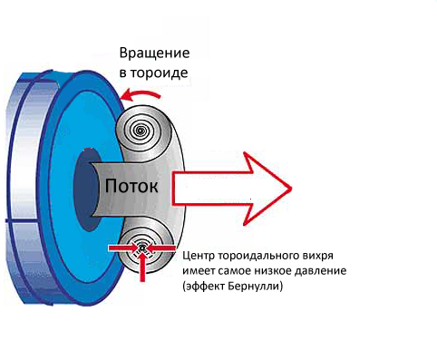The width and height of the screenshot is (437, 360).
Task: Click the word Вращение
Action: [x=154, y=54]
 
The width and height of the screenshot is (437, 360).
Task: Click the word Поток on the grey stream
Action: [x=131, y=186]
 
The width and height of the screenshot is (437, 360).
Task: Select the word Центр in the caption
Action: [x=199, y=256]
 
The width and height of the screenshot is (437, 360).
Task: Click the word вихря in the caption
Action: [x=318, y=257]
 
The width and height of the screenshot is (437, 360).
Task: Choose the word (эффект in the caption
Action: [x=204, y=286]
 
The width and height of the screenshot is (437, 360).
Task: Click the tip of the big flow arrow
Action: [x=291, y=189]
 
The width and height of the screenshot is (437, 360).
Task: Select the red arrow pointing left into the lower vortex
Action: [x=161, y=248]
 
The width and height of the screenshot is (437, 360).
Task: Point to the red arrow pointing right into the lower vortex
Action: [x=123, y=248]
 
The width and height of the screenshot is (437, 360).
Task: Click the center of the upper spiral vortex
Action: [x=141, y=131]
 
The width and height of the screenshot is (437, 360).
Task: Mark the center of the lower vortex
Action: [x=142, y=248]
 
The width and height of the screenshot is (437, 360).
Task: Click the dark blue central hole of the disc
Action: [x=87, y=190]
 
